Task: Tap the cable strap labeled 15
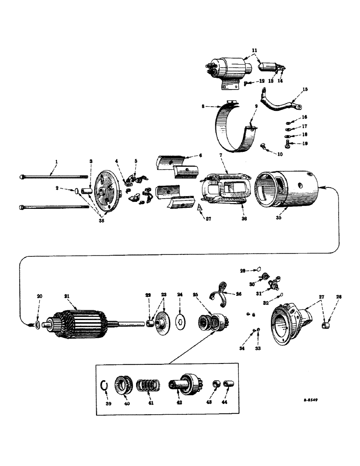tap(278, 104)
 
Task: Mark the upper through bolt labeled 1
tap(51, 177)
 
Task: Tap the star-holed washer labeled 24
tap(180, 321)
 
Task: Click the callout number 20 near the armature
tap(40, 295)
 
